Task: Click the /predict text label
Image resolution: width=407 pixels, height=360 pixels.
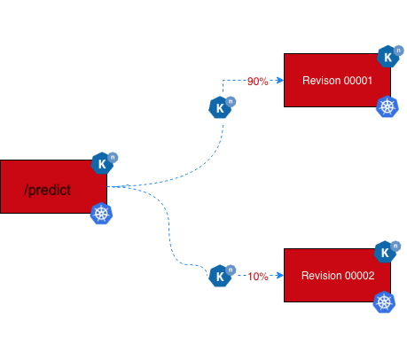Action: point(48,190)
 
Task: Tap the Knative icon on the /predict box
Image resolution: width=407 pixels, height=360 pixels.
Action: point(103,163)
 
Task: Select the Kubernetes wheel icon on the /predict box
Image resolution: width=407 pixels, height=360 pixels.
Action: point(102,214)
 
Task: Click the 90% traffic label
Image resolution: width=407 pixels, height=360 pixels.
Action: point(258,82)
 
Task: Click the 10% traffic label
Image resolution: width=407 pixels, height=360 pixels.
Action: point(258,276)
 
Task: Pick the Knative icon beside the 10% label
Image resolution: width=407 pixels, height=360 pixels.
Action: point(219,276)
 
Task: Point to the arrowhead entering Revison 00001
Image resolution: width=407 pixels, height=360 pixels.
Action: point(278,81)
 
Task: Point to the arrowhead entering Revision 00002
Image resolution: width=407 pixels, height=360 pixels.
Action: point(278,276)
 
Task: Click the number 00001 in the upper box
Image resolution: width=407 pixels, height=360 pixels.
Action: point(355,81)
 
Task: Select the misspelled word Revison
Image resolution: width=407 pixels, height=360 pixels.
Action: point(320,81)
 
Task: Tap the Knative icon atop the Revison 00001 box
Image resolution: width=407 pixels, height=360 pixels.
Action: point(387,58)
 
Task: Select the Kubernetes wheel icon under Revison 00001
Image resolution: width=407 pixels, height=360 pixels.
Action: point(387,107)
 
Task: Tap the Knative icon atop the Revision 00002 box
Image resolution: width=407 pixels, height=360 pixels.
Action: point(386,253)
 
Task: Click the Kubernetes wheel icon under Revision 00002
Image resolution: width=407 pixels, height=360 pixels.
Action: point(385,302)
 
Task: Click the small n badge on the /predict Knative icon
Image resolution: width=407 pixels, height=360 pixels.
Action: point(113,157)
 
